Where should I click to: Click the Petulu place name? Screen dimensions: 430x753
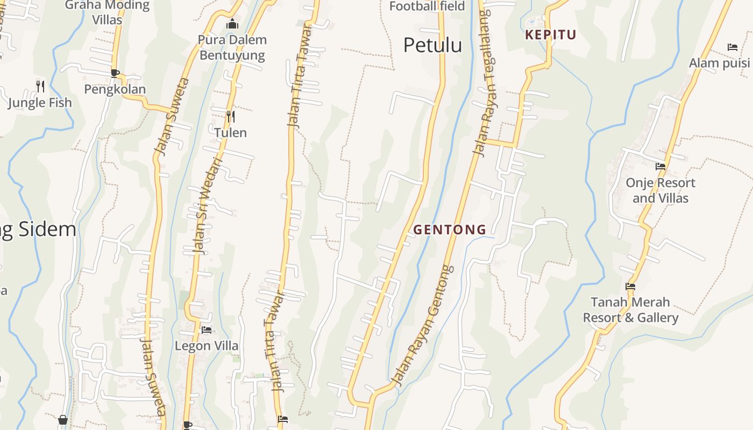[x=432, y=45]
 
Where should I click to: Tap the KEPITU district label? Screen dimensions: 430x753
[x=550, y=35]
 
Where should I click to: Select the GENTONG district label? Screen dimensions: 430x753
[x=450, y=230]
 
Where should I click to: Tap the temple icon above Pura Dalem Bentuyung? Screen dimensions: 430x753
[x=232, y=24]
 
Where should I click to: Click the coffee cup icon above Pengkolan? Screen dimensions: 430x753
[x=115, y=73]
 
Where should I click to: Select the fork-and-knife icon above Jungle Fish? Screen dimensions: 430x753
[x=40, y=86]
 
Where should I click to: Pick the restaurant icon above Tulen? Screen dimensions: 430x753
[x=230, y=116]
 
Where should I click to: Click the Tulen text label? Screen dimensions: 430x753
[x=230, y=133]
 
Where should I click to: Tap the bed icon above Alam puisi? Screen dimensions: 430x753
[x=732, y=47]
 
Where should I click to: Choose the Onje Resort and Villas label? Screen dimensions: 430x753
[x=660, y=190]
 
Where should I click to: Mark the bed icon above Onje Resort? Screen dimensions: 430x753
[x=660, y=167]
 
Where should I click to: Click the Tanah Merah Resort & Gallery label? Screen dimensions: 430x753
[x=630, y=310]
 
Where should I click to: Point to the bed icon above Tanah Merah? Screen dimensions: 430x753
[x=630, y=286]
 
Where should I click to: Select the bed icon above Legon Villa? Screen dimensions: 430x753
[x=207, y=329]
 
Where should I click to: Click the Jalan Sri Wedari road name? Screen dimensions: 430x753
[x=207, y=205]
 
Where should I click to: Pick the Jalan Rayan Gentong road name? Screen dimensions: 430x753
[x=423, y=326]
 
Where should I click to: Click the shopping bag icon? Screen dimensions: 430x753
[x=63, y=420]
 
